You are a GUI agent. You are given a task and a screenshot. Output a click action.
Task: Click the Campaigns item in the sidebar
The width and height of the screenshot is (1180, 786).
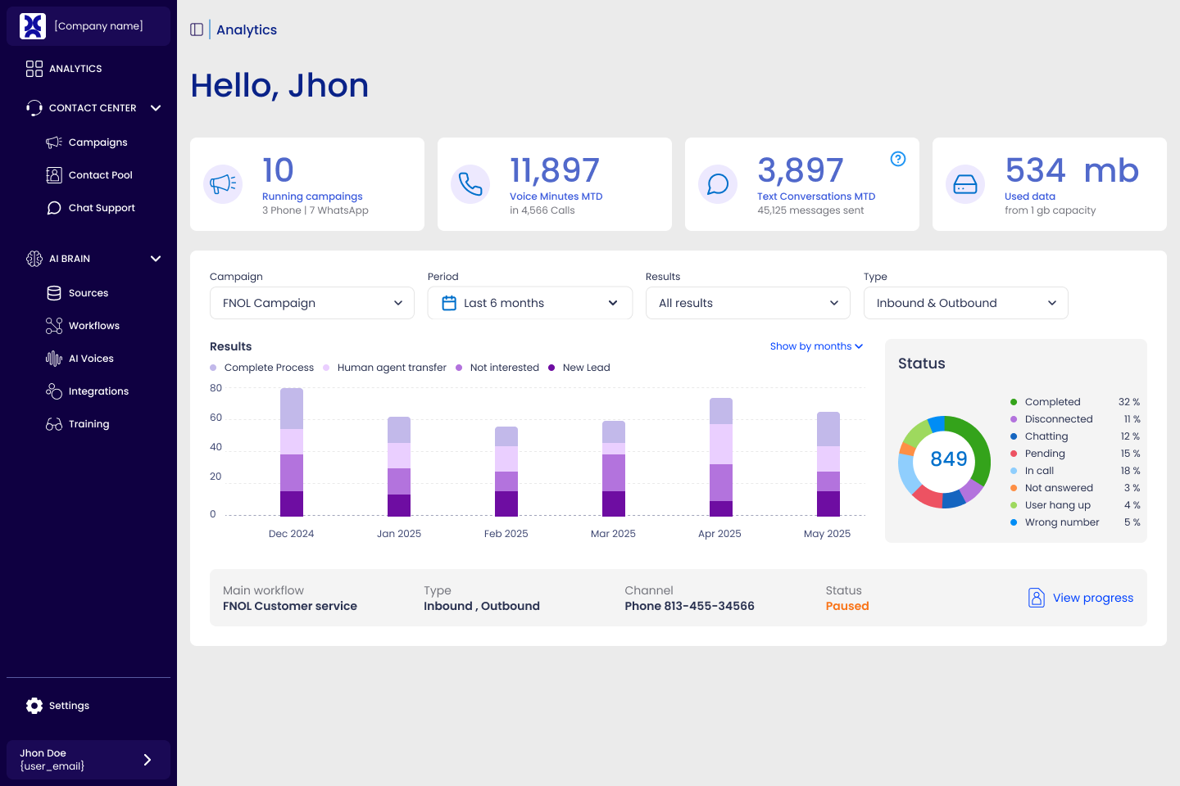point(98,142)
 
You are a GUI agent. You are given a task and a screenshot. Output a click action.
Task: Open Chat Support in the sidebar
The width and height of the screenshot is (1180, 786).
point(102,208)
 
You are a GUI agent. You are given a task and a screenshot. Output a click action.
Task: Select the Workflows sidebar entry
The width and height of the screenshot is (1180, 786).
point(93,326)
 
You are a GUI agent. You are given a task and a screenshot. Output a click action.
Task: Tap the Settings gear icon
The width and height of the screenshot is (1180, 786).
point(34,706)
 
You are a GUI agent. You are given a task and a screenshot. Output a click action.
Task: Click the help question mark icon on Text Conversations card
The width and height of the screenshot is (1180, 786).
point(898,159)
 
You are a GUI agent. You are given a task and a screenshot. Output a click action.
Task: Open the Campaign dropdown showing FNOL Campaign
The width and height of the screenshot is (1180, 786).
point(312,303)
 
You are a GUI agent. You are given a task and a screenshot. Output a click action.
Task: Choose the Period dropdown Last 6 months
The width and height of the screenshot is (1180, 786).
point(530,303)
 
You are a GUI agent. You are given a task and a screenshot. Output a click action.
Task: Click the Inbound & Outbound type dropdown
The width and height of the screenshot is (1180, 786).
point(965,303)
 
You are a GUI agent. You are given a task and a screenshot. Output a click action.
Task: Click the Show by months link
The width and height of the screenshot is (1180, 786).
point(816,346)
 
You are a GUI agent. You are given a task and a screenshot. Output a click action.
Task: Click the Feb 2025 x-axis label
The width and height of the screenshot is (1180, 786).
point(506,534)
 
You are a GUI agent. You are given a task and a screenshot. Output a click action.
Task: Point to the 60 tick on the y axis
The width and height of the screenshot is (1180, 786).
point(216,418)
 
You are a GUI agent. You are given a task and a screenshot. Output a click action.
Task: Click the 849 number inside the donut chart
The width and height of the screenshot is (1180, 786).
point(948,459)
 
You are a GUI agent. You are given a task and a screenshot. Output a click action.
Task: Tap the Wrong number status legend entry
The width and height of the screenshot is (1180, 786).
point(1061,522)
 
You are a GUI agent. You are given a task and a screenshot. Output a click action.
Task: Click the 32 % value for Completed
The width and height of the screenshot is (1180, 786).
point(1128,402)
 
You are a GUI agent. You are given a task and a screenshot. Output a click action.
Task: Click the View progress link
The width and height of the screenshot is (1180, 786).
point(1092,598)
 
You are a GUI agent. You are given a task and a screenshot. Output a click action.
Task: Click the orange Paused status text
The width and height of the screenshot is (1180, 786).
point(846,606)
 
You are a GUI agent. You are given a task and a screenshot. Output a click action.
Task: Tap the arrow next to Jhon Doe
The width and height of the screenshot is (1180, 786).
point(147,760)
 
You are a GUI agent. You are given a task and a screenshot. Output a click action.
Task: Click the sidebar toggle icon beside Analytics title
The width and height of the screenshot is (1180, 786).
point(197,29)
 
